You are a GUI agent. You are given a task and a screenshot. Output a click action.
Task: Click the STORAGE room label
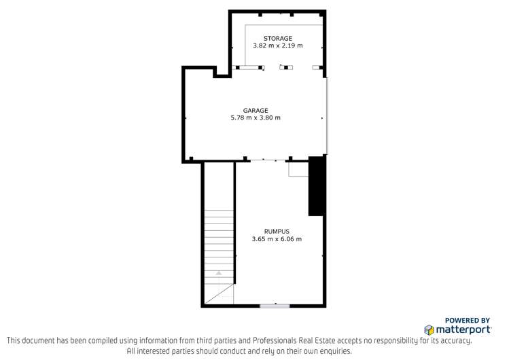[277, 38]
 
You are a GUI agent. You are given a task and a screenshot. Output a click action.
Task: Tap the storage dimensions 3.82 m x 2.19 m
[277, 46]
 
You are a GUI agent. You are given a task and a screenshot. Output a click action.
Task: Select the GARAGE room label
[256, 110]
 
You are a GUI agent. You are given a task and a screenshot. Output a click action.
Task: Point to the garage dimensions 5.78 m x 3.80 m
[256, 118]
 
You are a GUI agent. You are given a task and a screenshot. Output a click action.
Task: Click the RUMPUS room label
[277, 231]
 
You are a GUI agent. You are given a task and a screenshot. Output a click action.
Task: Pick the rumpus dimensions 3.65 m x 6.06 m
[277, 238]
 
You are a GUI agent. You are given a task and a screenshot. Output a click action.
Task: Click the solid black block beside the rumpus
[316, 185]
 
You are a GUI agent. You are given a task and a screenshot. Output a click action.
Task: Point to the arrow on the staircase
[219, 272]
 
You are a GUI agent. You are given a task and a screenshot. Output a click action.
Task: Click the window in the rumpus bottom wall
[275, 306]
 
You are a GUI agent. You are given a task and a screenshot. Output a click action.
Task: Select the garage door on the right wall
[328, 115]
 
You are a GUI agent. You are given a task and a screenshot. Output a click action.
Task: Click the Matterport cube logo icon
[429, 329]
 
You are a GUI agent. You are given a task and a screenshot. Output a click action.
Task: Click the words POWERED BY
[468, 320]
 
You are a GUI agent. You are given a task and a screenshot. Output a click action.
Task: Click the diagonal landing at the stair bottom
[219, 294]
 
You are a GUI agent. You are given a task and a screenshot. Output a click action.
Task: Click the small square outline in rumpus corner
[298, 169]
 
